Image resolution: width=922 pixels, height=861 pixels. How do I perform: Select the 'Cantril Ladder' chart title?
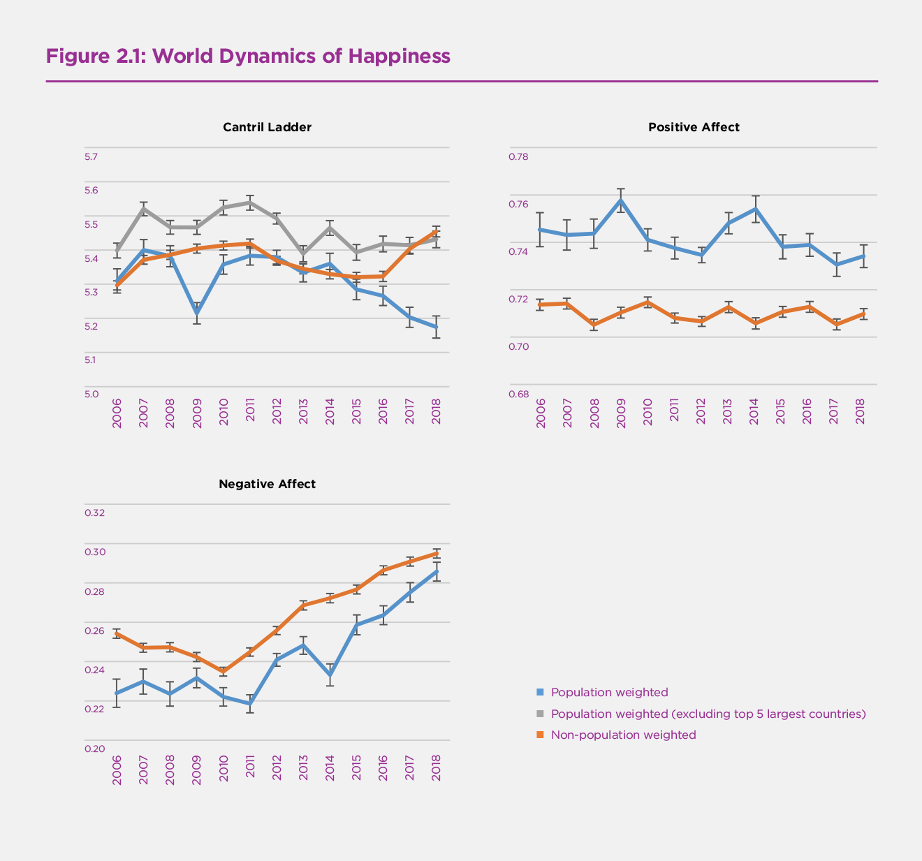[267, 127]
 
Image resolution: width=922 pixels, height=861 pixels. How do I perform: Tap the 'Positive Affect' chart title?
[694, 127]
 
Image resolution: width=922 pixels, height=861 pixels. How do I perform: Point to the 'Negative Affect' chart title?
[267, 484]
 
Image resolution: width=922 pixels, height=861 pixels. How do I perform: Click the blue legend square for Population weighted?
[539, 692]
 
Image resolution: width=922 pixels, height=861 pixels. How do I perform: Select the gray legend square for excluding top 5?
[539, 714]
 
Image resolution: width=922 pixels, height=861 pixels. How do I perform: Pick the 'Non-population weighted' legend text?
[623, 735]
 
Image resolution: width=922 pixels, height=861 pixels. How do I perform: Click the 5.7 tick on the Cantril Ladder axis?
[92, 156]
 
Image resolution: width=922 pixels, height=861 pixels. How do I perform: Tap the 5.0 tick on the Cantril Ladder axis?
[92, 394]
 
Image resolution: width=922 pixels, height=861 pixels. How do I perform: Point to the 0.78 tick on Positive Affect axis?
[518, 156]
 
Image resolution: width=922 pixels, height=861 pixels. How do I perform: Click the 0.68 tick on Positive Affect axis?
[518, 394]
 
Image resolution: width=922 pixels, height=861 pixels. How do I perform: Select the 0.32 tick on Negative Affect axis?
[94, 513]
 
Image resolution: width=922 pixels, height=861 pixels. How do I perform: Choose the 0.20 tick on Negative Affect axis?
[94, 749]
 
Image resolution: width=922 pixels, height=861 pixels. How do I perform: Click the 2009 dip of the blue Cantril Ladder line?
[197, 314]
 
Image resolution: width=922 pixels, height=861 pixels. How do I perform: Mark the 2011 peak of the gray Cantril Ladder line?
[250, 203]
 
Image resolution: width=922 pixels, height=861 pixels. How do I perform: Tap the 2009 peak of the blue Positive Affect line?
[620, 200]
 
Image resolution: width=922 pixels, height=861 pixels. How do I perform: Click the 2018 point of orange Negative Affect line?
[436, 553]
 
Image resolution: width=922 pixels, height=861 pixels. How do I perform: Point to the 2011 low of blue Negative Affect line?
[250, 703]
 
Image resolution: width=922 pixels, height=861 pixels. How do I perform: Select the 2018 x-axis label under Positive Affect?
[861, 413]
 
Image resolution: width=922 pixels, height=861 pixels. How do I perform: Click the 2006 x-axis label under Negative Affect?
[117, 770]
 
